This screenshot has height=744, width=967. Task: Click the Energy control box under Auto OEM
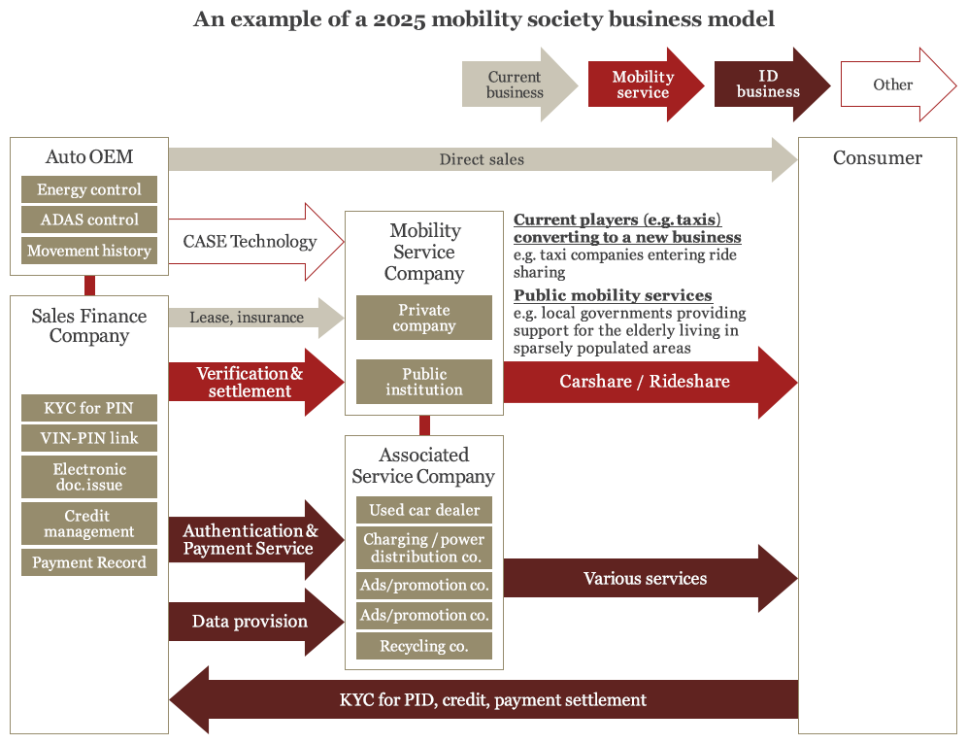(89, 189)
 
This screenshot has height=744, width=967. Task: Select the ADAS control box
(89, 220)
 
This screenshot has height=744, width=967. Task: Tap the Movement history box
(89, 251)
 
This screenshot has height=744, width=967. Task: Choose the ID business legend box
(773, 85)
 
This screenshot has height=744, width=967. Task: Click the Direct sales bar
(483, 159)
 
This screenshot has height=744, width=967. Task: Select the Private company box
(424, 318)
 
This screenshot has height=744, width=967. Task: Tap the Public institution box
(424, 382)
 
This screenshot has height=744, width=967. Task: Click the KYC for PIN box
(89, 408)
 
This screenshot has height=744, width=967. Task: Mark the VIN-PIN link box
(89, 438)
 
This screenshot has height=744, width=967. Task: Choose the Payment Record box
(89, 562)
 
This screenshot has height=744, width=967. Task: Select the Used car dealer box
(424, 510)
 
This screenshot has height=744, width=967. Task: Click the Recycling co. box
(424, 646)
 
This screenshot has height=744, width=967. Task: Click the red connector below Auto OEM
(89, 286)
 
